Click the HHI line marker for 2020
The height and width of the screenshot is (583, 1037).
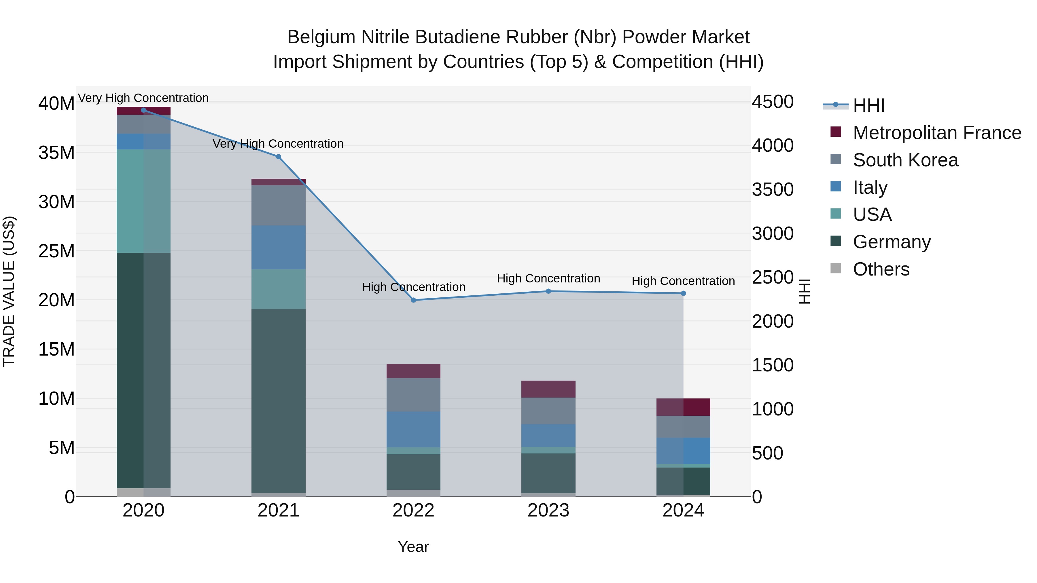coord(144,110)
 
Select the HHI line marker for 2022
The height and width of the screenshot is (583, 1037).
coord(413,300)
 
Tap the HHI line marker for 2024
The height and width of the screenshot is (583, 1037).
coord(683,293)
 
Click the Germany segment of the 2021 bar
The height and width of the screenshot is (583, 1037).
coord(278,400)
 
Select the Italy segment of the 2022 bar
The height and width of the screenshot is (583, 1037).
coord(413,429)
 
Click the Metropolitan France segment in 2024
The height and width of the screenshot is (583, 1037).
coord(683,407)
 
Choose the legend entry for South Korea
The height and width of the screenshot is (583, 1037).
coord(905,160)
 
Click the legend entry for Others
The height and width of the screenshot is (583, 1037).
coord(881,269)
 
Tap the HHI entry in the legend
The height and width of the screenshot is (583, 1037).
coord(869,105)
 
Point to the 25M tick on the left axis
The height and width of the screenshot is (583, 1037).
coord(56,251)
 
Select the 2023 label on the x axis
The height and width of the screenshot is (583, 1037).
coord(548,510)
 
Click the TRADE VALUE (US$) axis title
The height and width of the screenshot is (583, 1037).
coord(9,291)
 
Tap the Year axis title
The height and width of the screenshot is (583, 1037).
coord(413,547)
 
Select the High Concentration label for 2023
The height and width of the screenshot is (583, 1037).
coord(548,278)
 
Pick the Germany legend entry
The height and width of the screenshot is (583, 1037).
coord(891,242)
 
